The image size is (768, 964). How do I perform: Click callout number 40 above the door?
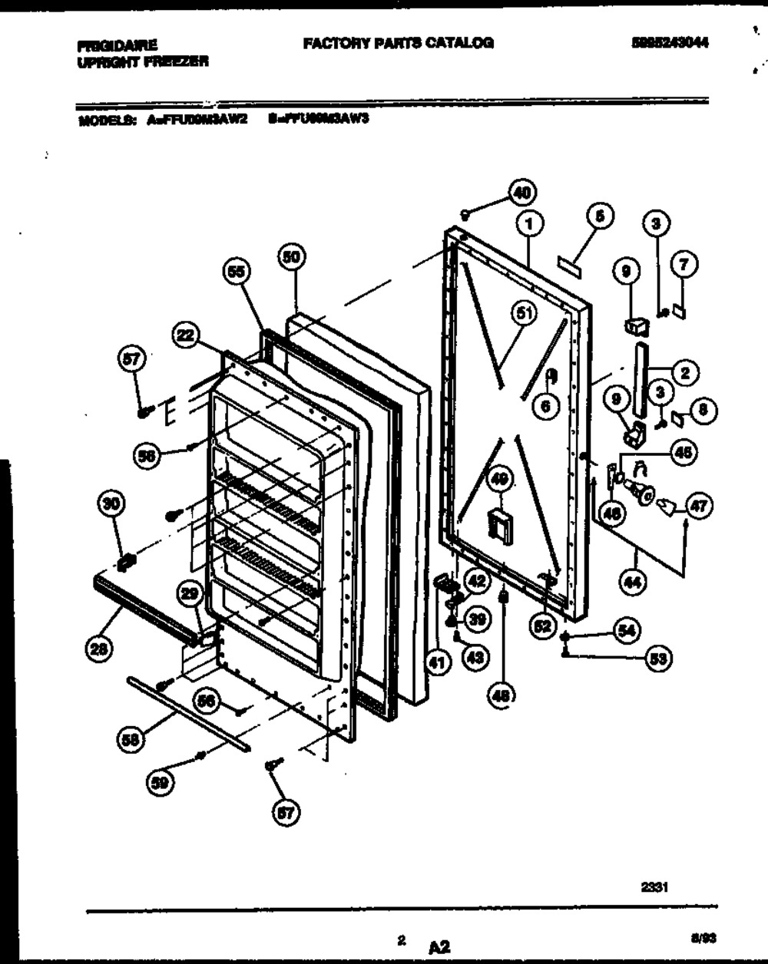click(x=523, y=192)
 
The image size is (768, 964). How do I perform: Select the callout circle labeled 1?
click(x=529, y=223)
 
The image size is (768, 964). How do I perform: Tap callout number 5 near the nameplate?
click(x=601, y=217)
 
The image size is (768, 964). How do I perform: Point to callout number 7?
click(x=684, y=266)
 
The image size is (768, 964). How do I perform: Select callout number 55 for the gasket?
click(x=237, y=272)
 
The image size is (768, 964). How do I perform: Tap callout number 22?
click(x=186, y=335)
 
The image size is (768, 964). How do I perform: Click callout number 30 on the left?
click(x=112, y=503)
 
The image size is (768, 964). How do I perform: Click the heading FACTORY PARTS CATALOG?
click(x=398, y=43)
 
